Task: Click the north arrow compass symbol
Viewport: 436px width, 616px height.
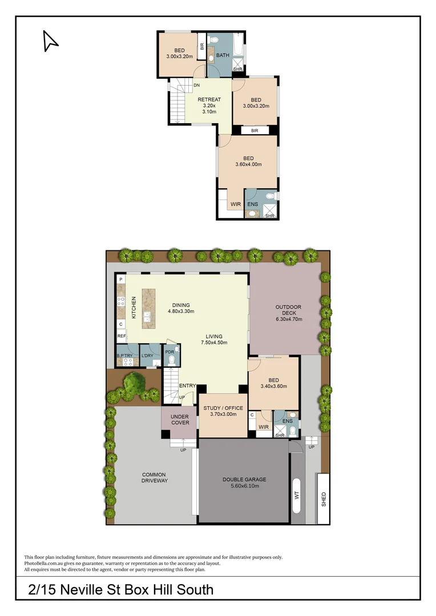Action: [x=50, y=40]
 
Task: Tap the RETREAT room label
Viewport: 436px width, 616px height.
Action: [x=209, y=100]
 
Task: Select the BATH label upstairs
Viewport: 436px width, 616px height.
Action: [x=223, y=55]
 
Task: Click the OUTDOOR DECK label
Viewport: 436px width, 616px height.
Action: [x=288, y=307]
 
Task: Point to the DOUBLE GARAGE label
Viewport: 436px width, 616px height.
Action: [x=244, y=479]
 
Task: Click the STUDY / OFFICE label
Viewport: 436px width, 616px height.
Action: [x=223, y=408]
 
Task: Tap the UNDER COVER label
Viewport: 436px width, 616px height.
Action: [x=180, y=419]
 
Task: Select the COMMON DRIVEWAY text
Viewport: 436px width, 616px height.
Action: [x=154, y=477]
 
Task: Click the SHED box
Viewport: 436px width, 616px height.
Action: [x=324, y=499]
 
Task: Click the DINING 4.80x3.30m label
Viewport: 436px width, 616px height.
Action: [x=181, y=308]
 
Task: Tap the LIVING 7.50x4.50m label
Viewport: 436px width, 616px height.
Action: [x=214, y=339]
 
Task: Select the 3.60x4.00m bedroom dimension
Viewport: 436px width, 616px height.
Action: [x=248, y=164]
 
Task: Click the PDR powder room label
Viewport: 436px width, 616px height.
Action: [x=169, y=352]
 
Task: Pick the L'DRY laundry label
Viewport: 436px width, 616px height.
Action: [x=147, y=356]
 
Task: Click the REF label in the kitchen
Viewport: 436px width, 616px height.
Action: [x=121, y=337]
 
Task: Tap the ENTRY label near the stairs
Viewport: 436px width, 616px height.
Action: [x=187, y=386]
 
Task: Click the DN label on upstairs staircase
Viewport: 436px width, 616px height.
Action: [x=196, y=86]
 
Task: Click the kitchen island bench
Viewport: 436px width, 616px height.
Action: [x=148, y=308]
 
